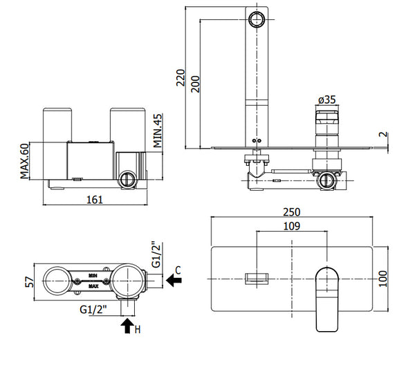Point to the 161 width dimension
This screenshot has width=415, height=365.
(x=95, y=199)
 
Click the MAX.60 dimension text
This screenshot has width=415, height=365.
(x=24, y=160)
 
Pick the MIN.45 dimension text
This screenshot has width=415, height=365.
(x=157, y=131)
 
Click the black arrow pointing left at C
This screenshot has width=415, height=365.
(x=173, y=281)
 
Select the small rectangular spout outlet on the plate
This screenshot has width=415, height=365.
(x=256, y=278)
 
